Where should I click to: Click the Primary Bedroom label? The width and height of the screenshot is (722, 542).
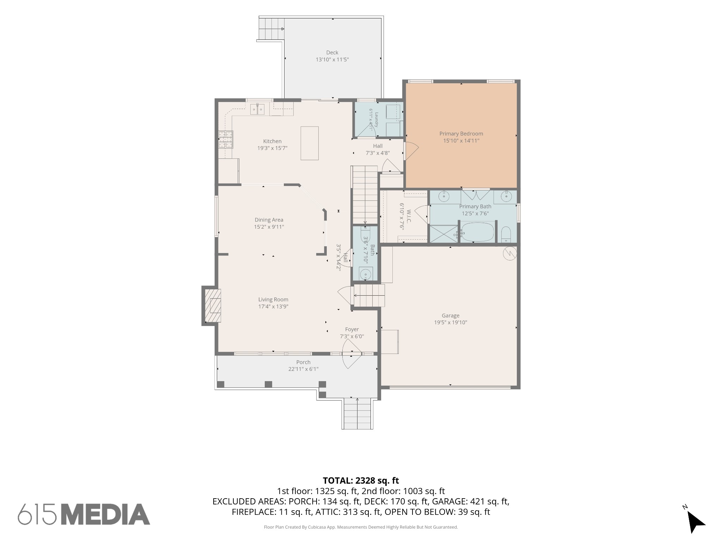(x=461, y=134)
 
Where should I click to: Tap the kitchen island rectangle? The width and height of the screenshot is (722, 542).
(x=310, y=143)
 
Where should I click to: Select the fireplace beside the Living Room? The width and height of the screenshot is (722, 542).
(x=212, y=306)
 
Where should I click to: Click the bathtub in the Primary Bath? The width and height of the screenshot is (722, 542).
(x=477, y=232)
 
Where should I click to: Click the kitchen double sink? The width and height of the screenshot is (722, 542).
(x=257, y=109)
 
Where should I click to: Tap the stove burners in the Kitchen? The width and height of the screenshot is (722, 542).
(x=225, y=139)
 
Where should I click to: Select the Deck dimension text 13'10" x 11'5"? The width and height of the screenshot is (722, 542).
(x=332, y=60)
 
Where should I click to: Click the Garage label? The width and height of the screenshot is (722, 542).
(x=451, y=316)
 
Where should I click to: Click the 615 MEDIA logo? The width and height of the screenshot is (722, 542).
(x=84, y=514)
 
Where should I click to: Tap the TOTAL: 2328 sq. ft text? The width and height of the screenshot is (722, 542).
(x=361, y=481)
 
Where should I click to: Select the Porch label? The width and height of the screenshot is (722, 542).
(x=303, y=362)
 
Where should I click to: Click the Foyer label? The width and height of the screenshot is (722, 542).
(x=352, y=330)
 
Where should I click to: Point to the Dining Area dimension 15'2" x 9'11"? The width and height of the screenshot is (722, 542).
(x=269, y=227)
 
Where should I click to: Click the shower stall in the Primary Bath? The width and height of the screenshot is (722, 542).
(x=443, y=234)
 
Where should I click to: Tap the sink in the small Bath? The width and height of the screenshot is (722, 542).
(x=366, y=274)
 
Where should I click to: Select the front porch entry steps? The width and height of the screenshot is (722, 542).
(x=357, y=413)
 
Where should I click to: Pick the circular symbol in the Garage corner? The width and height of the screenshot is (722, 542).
(x=510, y=253)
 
